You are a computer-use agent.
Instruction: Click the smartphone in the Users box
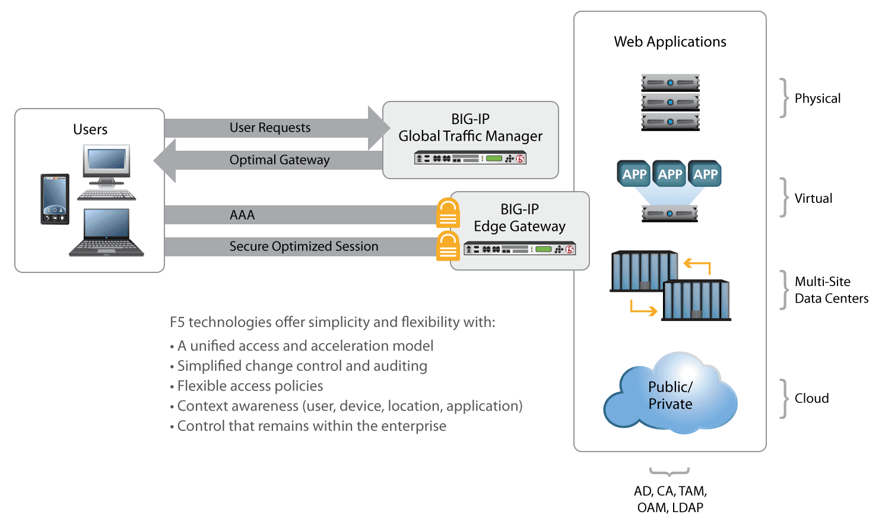click(55, 199)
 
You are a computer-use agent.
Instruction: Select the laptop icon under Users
click(106, 233)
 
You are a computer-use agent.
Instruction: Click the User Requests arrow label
click(270, 128)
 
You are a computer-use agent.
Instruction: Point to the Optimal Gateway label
click(280, 160)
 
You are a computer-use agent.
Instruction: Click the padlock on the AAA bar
click(448, 213)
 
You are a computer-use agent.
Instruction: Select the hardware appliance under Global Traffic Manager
click(470, 158)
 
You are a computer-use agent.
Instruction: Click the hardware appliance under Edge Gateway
click(519, 249)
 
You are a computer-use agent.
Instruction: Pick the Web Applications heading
click(670, 42)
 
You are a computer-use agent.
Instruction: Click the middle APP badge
click(670, 174)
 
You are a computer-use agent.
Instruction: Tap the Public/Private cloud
click(670, 394)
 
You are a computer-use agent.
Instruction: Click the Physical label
click(817, 99)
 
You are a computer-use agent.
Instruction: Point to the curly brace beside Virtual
click(784, 198)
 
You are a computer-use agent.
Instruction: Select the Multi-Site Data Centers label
click(831, 290)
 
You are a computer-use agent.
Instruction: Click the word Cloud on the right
click(811, 398)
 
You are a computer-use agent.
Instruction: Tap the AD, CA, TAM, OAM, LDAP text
click(670, 499)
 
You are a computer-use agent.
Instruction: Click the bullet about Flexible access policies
click(250, 386)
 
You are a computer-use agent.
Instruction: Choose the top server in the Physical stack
click(670, 82)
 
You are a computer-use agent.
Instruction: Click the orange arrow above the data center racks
click(697, 265)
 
